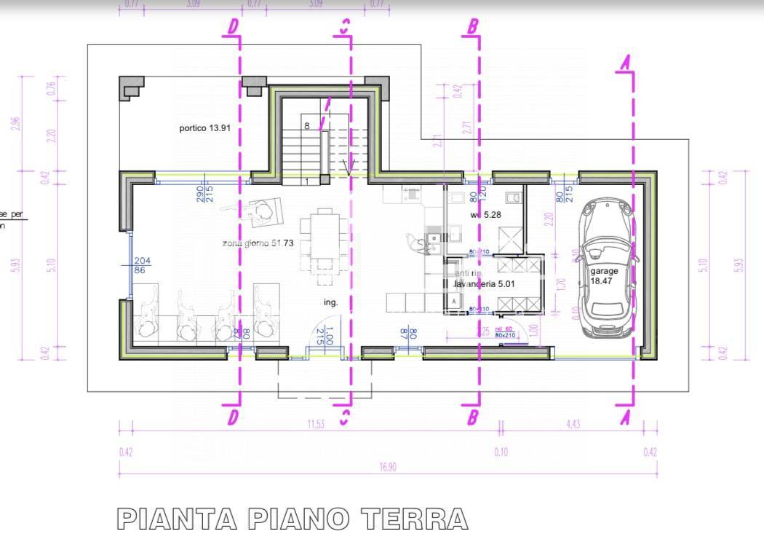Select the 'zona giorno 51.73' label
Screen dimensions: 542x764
[258, 243]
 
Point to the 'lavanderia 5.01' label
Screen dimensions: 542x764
[484, 284]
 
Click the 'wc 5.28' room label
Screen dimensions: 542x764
[487, 215]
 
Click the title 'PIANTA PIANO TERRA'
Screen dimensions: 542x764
[292, 519]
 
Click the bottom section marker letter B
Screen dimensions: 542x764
[472, 417]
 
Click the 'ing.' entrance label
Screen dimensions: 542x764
[332, 301]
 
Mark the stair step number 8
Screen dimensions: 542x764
[307, 126]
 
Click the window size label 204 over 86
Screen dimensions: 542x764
[142, 264]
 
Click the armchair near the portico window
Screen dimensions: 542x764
[263, 212]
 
